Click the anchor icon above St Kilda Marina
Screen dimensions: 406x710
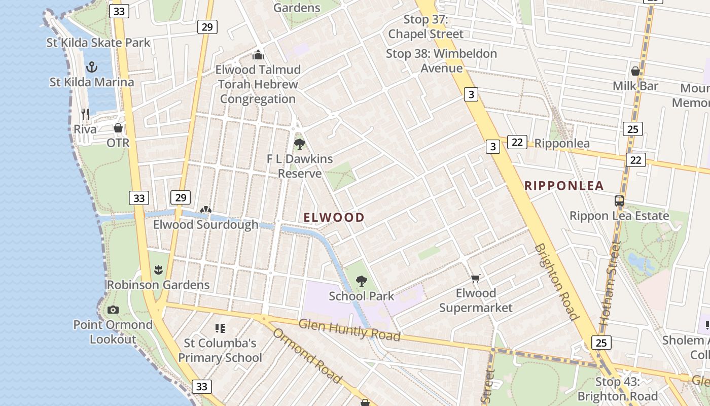[92, 66]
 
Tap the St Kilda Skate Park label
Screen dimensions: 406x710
[98, 43]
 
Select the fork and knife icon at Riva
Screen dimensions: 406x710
[85, 114]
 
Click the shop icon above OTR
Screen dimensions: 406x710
[118, 128]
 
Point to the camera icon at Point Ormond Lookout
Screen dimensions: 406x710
[113, 310]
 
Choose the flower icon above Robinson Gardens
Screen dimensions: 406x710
[158, 269]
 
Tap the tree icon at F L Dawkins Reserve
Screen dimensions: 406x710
[300, 144]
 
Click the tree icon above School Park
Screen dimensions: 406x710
[361, 281]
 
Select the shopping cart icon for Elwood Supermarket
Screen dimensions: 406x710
[475, 278]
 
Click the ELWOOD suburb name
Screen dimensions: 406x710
[334, 218]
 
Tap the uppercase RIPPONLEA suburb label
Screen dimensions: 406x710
[564, 186]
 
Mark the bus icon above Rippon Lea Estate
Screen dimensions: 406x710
[619, 200]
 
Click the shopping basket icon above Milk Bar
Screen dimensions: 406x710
[635, 71]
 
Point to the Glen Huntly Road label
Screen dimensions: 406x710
[349, 330]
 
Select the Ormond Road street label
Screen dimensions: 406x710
[306, 355]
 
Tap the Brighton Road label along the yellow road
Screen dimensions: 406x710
[556, 282]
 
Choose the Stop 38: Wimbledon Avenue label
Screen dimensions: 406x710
[441, 60]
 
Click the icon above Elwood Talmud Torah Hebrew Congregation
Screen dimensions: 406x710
[258, 55]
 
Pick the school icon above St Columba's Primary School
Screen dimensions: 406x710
[220, 328]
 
